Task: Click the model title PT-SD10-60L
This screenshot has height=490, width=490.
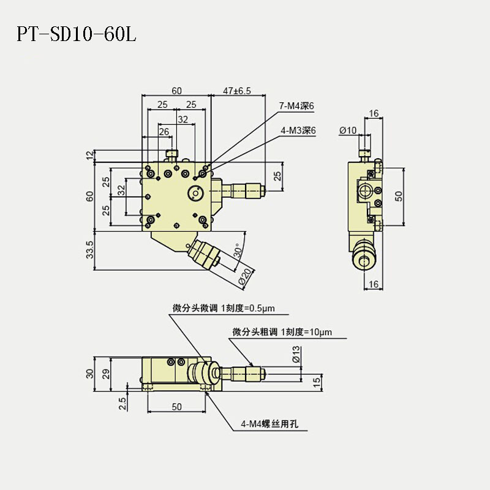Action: pyautogui.click(x=76, y=34)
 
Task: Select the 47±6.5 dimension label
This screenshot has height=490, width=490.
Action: pyautogui.click(x=237, y=91)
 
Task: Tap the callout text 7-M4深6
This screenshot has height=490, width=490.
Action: pyautogui.click(x=297, y=106)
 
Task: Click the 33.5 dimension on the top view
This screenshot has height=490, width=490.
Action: pyautogui.click(x=90, y=250)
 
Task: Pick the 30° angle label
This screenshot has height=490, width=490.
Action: pyautogui.click(x=237, y=252)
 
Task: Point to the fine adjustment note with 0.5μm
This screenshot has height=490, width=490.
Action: pyautogui.click(x=230, y=308)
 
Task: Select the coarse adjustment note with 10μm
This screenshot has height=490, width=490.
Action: pyautogui.click(x=282, y=333)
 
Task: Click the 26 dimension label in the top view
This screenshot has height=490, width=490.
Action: pyautogui.click(x=164, y=131)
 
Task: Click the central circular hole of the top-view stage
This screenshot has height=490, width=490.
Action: pyautogui.click(x=196, y=193)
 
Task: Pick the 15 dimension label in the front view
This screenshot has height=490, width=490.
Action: pyautogui.click(x=317, y=382)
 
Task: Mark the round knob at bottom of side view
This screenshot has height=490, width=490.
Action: pyautogui.click(x=364, y=262)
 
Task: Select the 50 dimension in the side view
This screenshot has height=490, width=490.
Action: pyautogui.click(x=399, y=195)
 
